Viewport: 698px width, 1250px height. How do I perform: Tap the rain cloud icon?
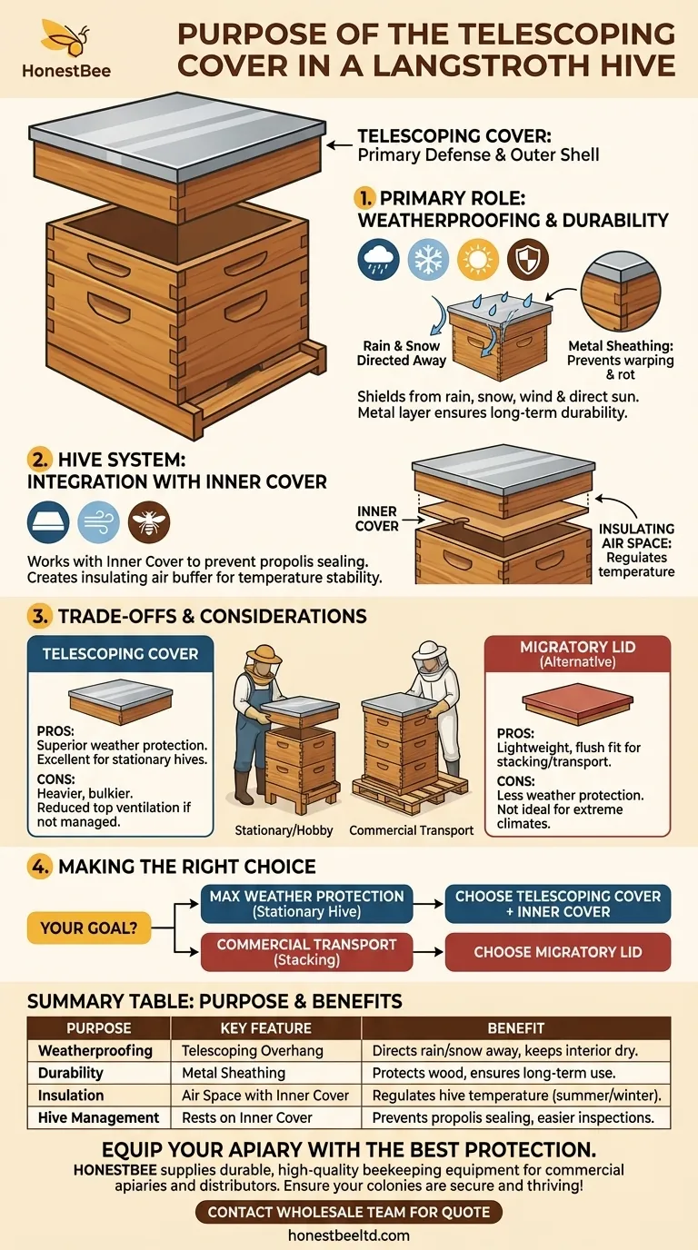(x=376, y=260)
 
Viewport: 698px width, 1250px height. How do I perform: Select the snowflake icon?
(x=426, y=260)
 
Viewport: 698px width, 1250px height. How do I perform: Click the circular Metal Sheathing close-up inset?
(x=621, y=293)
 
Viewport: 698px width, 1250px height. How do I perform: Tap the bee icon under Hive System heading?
(x=149, y=522)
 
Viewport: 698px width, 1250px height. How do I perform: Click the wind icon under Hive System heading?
(x=98, y=522)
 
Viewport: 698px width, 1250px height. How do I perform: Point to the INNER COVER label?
(x=377, y=519)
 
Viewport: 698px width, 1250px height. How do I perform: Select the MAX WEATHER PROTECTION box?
(x=306, y=903)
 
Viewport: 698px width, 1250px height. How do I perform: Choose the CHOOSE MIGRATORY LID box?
(x=558, y=952)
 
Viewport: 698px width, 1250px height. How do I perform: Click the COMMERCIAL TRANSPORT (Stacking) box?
(x=306, y=952)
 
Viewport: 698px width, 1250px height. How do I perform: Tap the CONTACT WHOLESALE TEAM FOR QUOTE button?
(x=349, y=1212)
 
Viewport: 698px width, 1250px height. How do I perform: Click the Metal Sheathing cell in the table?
(x=234, y=1073)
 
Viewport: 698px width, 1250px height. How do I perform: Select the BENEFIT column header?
(x=516, y=1028)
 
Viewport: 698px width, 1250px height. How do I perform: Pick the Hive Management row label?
(x=98, y=1117)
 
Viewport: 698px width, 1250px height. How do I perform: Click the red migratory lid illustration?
(x=576, y=703)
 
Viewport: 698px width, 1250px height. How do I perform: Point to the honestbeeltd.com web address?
(x=349, y=1235)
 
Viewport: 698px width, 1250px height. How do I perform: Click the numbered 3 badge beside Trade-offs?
(x=39, y=617)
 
